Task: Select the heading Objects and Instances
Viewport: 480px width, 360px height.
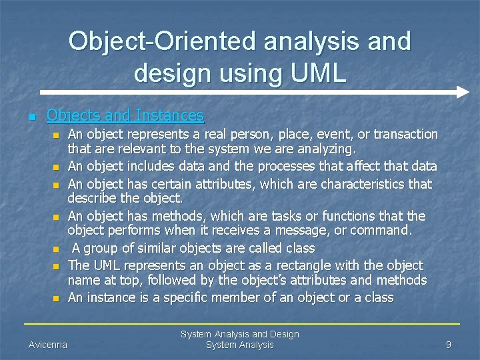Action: pos(125,116)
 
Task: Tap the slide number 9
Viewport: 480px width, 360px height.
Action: pos(449,345)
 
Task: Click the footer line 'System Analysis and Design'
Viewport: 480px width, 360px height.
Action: pos(240,333)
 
